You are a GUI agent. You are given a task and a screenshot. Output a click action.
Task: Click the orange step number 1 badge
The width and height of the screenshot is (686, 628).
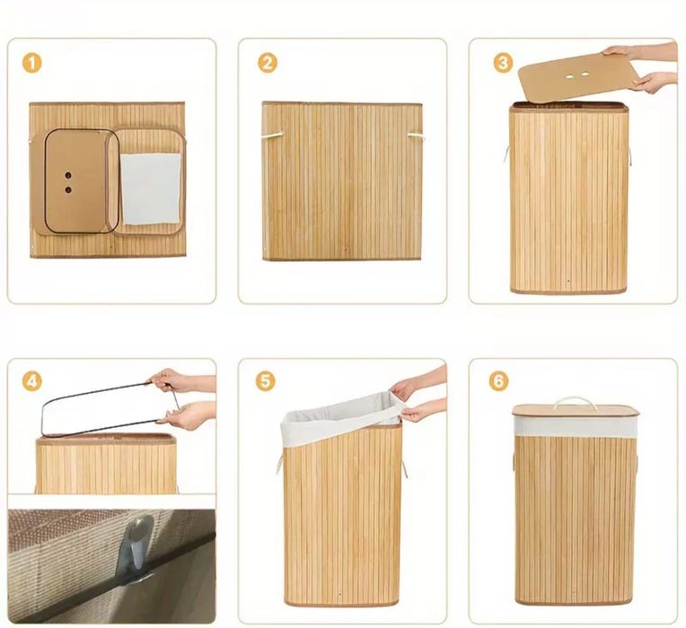pyautogui.click(x=32, y=63)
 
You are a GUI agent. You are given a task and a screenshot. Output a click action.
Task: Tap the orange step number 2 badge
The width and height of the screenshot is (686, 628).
pyautogui.click(x=268, y=63)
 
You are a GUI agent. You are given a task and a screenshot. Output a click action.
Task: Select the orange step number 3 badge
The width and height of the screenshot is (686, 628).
pyautogui.click(x=503, y=63)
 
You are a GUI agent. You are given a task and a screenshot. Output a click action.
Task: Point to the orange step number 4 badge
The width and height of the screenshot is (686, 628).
pyautogui.click(x=32, y=381)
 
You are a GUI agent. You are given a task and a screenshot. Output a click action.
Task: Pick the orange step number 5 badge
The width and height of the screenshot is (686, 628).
pyautogui.click(x=266, y=381)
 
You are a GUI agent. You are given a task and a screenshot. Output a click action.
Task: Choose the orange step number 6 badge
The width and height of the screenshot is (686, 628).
pyautogui.click(x=498, y=381)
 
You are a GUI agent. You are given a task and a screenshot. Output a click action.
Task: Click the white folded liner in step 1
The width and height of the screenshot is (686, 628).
pyautogui.click(x=150, y=188)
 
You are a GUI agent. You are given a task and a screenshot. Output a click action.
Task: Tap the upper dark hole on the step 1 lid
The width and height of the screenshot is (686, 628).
pyautogui.click(x=68, y=176)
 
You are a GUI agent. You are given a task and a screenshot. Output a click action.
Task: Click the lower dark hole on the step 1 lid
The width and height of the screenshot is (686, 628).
pyautogui.click(x=68, y=190)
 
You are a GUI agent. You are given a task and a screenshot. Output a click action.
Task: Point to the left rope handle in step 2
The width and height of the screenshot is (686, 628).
pyautogui.click(x=273, y=135)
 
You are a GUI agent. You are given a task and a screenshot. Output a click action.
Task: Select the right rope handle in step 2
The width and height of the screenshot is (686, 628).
pyautogui.click(x=416, y=136)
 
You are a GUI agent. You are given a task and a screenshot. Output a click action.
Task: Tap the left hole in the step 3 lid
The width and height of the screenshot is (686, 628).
pyautogui.click(x=569, y=77)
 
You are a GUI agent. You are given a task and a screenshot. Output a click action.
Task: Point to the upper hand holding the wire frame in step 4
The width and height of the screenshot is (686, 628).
pyautogui.click(x=181, y=380)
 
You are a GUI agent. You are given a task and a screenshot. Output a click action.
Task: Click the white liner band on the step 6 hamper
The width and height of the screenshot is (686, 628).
pyautogui.click(x=575, y=426)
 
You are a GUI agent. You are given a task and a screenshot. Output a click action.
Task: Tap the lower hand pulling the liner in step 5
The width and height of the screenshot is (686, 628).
pyautogui.click(x=422, y=412)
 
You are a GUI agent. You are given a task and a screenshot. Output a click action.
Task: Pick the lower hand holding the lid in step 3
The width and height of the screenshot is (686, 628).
pyautogui.click(x=654, y=82)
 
